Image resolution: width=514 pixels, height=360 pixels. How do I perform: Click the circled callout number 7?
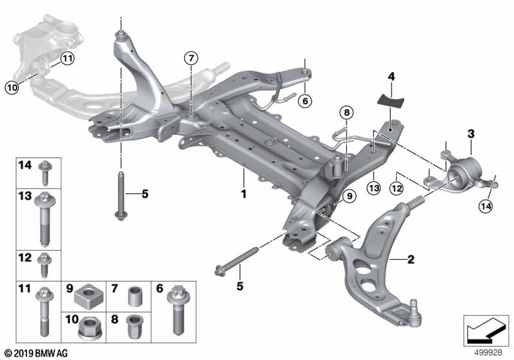tap(190, 59)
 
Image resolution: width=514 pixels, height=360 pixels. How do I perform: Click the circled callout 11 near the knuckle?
tap(68, 59)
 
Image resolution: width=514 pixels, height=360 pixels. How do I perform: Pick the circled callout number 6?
tap(305, 100)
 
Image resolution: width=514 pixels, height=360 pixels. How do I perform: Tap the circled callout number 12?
tap(396, 187)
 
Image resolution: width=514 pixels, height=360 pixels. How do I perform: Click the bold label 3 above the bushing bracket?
tap(470, 134)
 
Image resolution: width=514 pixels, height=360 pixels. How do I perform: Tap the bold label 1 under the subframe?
tap(244, 192)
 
